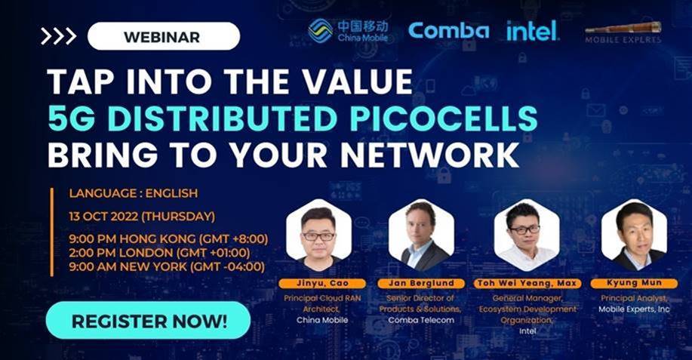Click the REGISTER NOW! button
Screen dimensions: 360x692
coord(148,320)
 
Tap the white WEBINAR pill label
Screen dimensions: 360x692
coord(163,36)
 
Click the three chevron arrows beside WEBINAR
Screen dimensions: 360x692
coord(58,36)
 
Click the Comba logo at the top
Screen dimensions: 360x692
coord(448,31)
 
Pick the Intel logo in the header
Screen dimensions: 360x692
coord(532,31)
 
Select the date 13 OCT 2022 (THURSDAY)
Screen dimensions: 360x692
coord(142,217)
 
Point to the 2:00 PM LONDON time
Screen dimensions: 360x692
coord(159,252)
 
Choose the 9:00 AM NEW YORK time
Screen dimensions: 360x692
coord(167,266)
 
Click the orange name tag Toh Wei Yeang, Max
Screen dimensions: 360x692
coord(526,284)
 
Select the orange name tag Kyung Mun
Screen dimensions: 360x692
coord(634,284)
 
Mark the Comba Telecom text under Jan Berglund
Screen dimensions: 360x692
coord(421,320)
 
